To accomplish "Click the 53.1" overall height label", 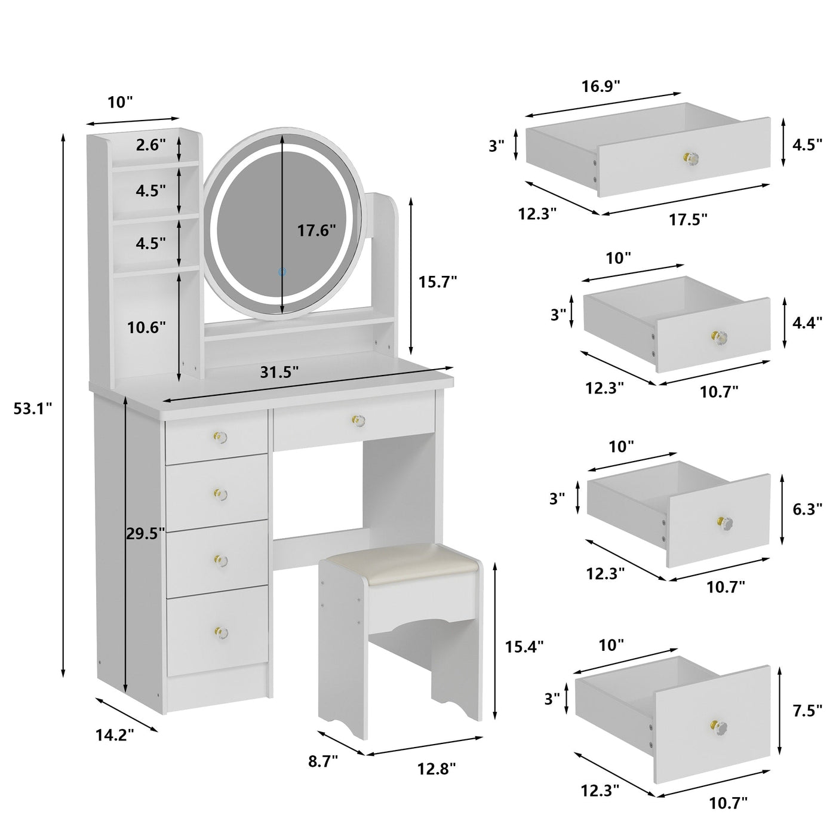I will pyautogui.click(x=33, y=408).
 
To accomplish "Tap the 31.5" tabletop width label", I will pyautogui.click(x=279, y=373).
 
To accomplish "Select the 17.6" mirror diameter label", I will pyautogui.click(x=316, y=230).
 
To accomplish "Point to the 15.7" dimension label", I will pyautogui.click(x=437, y=281).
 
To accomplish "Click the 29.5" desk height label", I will pyautogui.click(x=145, y=534).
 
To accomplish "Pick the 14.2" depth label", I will pyautogui.click(x=115, y=735).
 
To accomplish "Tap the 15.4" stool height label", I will pyautogui.click(x=524, y=646).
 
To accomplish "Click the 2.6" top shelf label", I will pyautogui.click(x=150, y=145).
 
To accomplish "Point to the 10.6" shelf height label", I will pyautogui.click(x=146, y=327).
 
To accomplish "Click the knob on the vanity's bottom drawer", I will pyautogui.click(x=220, y=631).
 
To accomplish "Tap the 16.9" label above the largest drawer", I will pyautogui.click(x=601, y=86).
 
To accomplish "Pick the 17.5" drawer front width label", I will pyautogui.click(x=688, y=220).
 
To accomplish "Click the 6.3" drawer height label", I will pyautogui.click(x=806, y=509).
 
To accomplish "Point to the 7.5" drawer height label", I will pyautogui.click(x=807, y=711).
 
